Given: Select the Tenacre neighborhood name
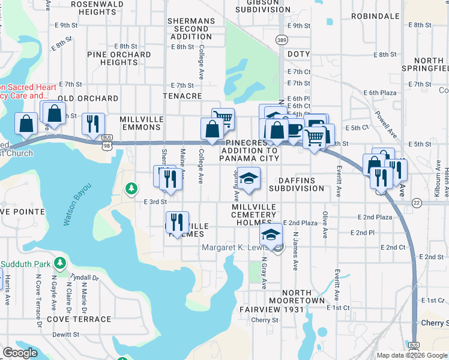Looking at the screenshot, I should (x=182, y=96).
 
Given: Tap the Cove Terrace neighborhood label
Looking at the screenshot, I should (x=82, y=320).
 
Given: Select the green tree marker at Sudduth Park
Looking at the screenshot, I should (x=59, y=263).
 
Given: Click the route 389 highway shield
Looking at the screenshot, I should (x=281, y=40).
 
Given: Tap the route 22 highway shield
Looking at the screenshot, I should (x=416, y=203).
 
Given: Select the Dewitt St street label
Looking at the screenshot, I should (x=66, y=334).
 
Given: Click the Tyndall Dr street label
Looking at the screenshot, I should (x=84, y=277).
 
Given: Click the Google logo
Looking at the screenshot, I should (x=20, y=353).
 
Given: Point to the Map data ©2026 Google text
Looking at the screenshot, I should (x=411, y=355).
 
